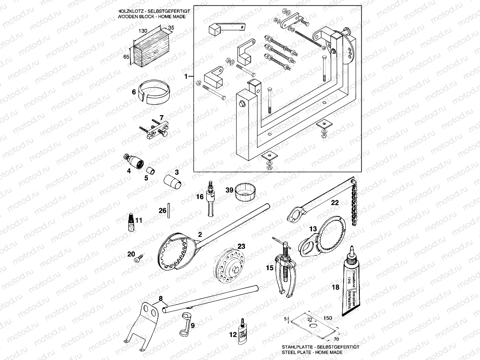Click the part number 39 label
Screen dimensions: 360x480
[x=229, y=190]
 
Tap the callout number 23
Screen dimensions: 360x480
[x=241, y=246]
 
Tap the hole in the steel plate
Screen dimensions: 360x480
[x=314, y=326]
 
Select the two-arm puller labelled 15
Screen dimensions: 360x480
[x=282, y=268]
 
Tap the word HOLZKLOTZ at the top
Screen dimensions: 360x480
[x=130, y=9]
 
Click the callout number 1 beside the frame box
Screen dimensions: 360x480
[x=186, y=77]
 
